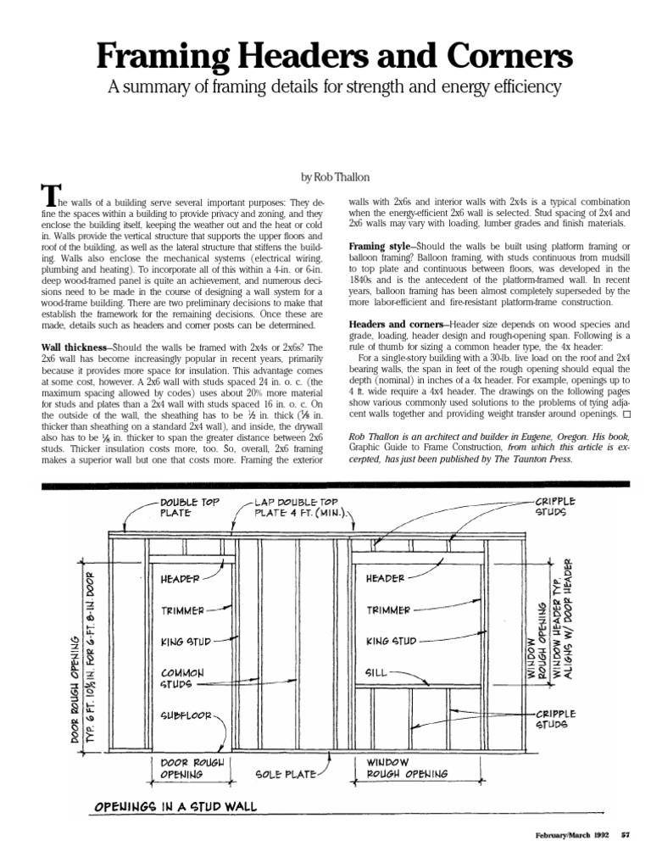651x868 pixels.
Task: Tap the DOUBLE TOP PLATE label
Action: (187, 507)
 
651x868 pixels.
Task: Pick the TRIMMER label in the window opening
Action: (388, 609)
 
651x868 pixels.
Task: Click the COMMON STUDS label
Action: (183, 677)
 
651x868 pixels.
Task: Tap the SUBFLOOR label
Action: (186, 715)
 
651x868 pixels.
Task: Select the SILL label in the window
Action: (376, 671)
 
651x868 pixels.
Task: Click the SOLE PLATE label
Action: (285, 774)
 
